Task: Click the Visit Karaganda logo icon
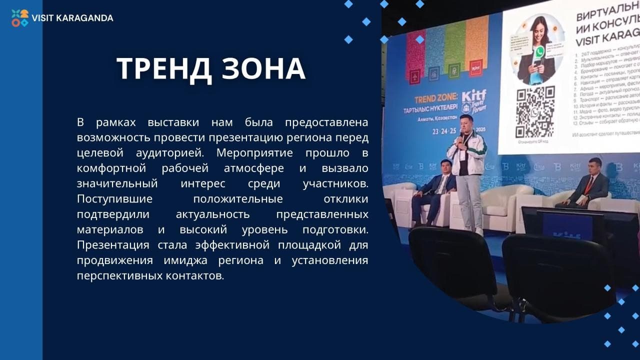pos(20,18)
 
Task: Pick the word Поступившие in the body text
pos(114,198)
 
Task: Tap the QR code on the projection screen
pos(535,112)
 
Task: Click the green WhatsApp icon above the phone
pos(539,51)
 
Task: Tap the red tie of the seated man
pos(589,185)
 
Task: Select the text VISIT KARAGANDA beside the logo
pos(72,18)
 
